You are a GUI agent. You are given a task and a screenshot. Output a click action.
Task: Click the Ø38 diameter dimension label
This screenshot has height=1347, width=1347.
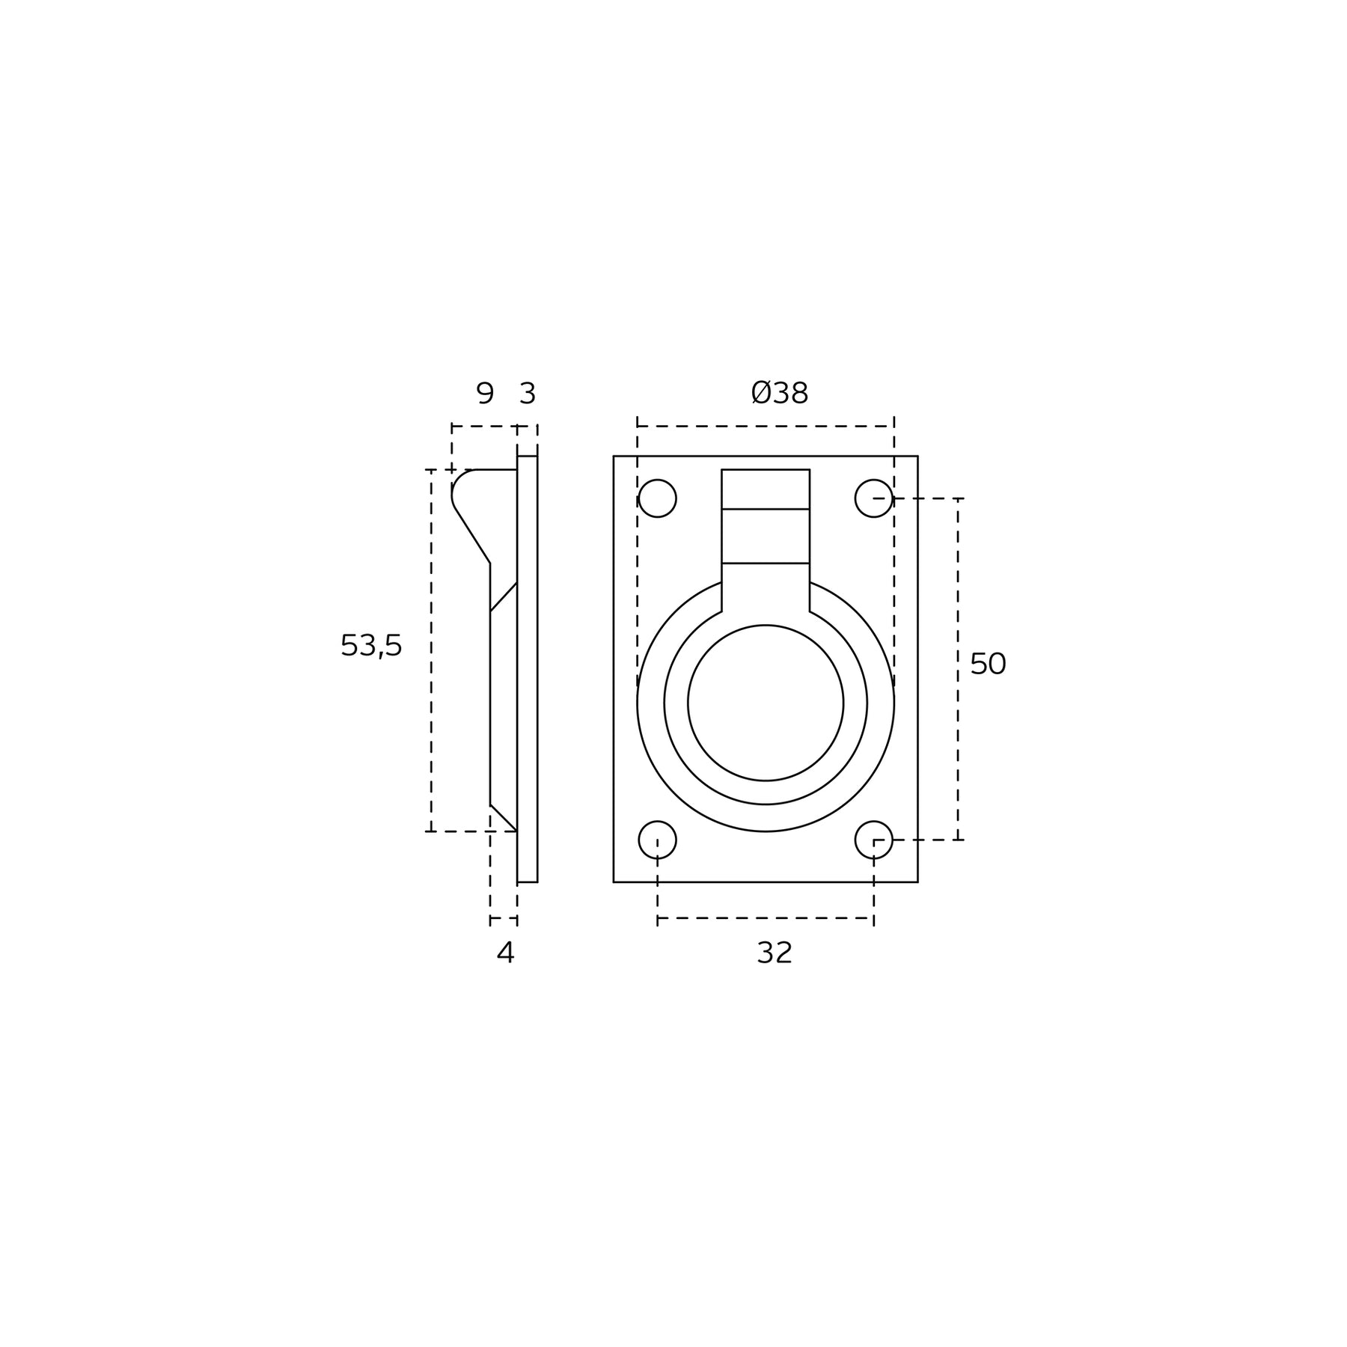780,394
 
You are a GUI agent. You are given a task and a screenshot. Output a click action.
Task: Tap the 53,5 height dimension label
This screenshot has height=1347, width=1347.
371,646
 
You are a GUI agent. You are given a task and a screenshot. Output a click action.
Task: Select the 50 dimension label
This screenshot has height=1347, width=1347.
988,665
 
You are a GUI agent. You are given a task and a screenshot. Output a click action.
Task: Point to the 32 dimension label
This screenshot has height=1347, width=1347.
775,953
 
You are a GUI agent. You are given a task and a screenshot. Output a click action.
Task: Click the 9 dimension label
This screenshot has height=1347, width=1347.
485,394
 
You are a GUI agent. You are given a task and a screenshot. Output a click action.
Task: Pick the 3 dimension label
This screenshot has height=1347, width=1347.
528,394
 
